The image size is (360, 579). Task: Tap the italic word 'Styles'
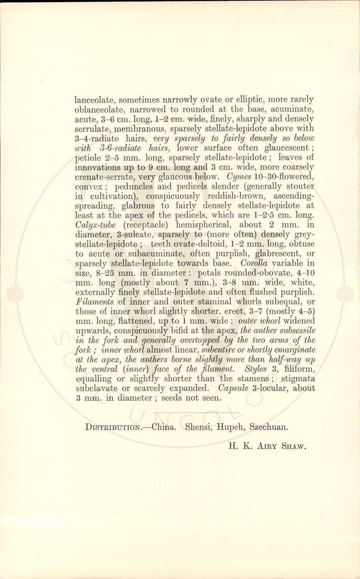[x=253, y=369]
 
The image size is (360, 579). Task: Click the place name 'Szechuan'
[x=269, y=427]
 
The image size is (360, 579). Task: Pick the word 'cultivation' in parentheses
[x=108, y=196]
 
